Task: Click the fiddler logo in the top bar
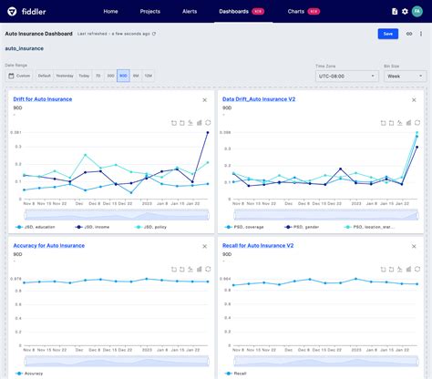click(28, 11)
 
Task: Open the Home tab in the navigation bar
click(110, 12)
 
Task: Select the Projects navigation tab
click(151, 12)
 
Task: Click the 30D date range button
click(110, 76)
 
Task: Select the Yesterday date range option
click(65, 76)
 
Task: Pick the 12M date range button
click(148, 76)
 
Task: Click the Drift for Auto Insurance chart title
click(43, 98)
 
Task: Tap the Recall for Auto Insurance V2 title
click(258, 246)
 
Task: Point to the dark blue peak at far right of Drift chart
click(208, 133)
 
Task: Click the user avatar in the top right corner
click(417, 12)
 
